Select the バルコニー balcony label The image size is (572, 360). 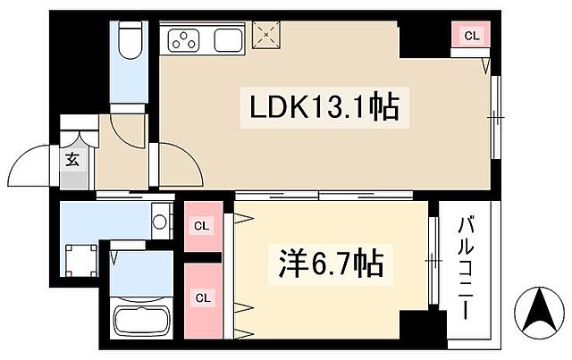click(x=466, y=268)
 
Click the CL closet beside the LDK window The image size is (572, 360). click(x=471, y=37)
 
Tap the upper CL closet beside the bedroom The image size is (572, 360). click(x=203, y=226)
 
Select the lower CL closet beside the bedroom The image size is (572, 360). click(x=203, y=297)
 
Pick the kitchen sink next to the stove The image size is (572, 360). click(x=224, y=39)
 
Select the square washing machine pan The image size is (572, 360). click(x=81, y=259)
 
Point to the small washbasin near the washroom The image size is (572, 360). click(x=161, y=218)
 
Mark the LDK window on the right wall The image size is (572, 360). click(x=496, y=116)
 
